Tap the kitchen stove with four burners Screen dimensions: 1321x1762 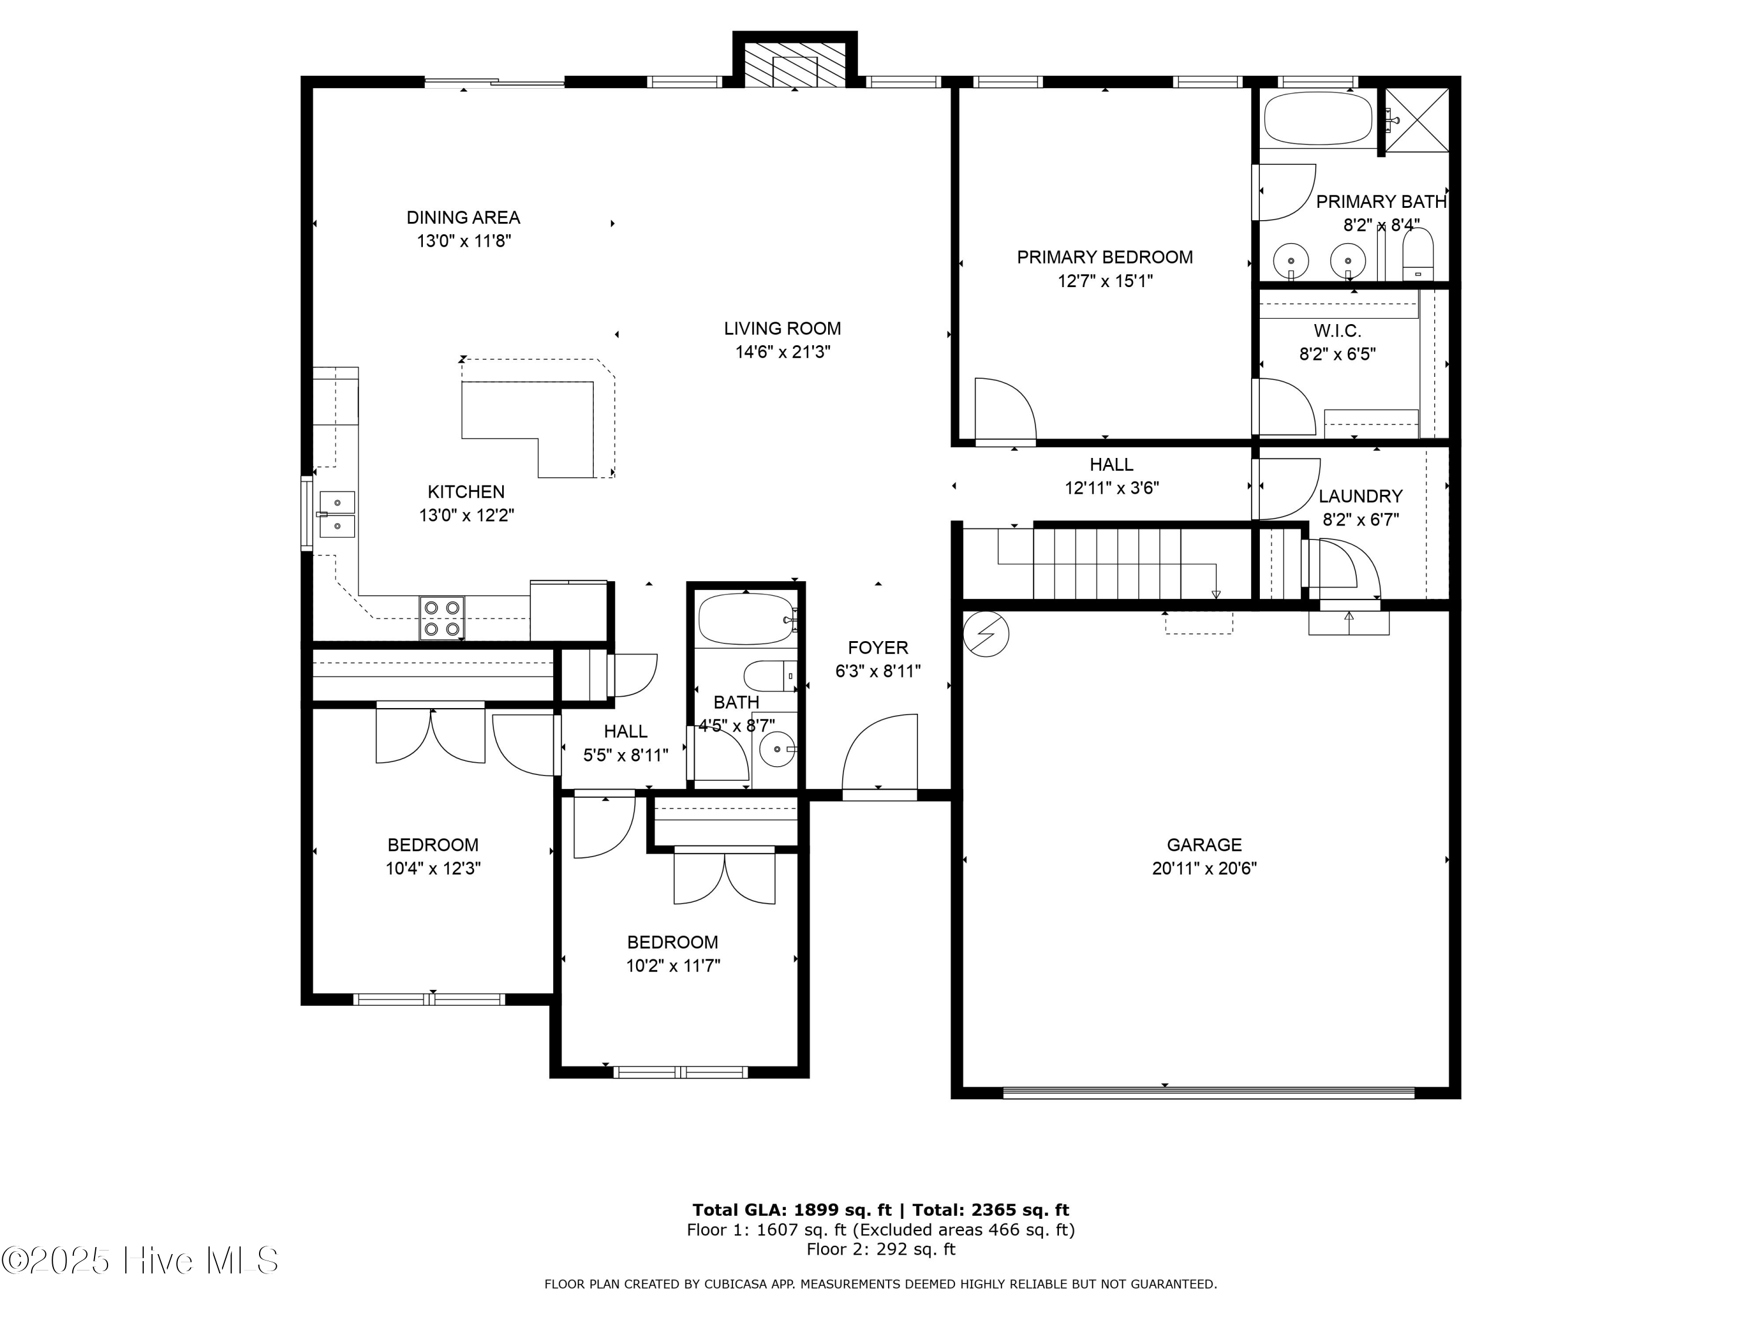click(442, 618)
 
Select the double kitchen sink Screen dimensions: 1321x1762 click(337, 514)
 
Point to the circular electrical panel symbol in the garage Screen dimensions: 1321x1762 click(986, 634)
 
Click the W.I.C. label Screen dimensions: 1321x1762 click(1337, 331)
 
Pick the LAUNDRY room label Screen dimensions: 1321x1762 click(1360, 497)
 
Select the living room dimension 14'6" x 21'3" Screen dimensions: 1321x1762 click(782, 352)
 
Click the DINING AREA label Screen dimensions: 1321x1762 click(463, 217)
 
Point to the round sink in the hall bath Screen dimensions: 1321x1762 click(776, 749)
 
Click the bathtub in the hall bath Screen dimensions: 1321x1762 click(745, 619)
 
